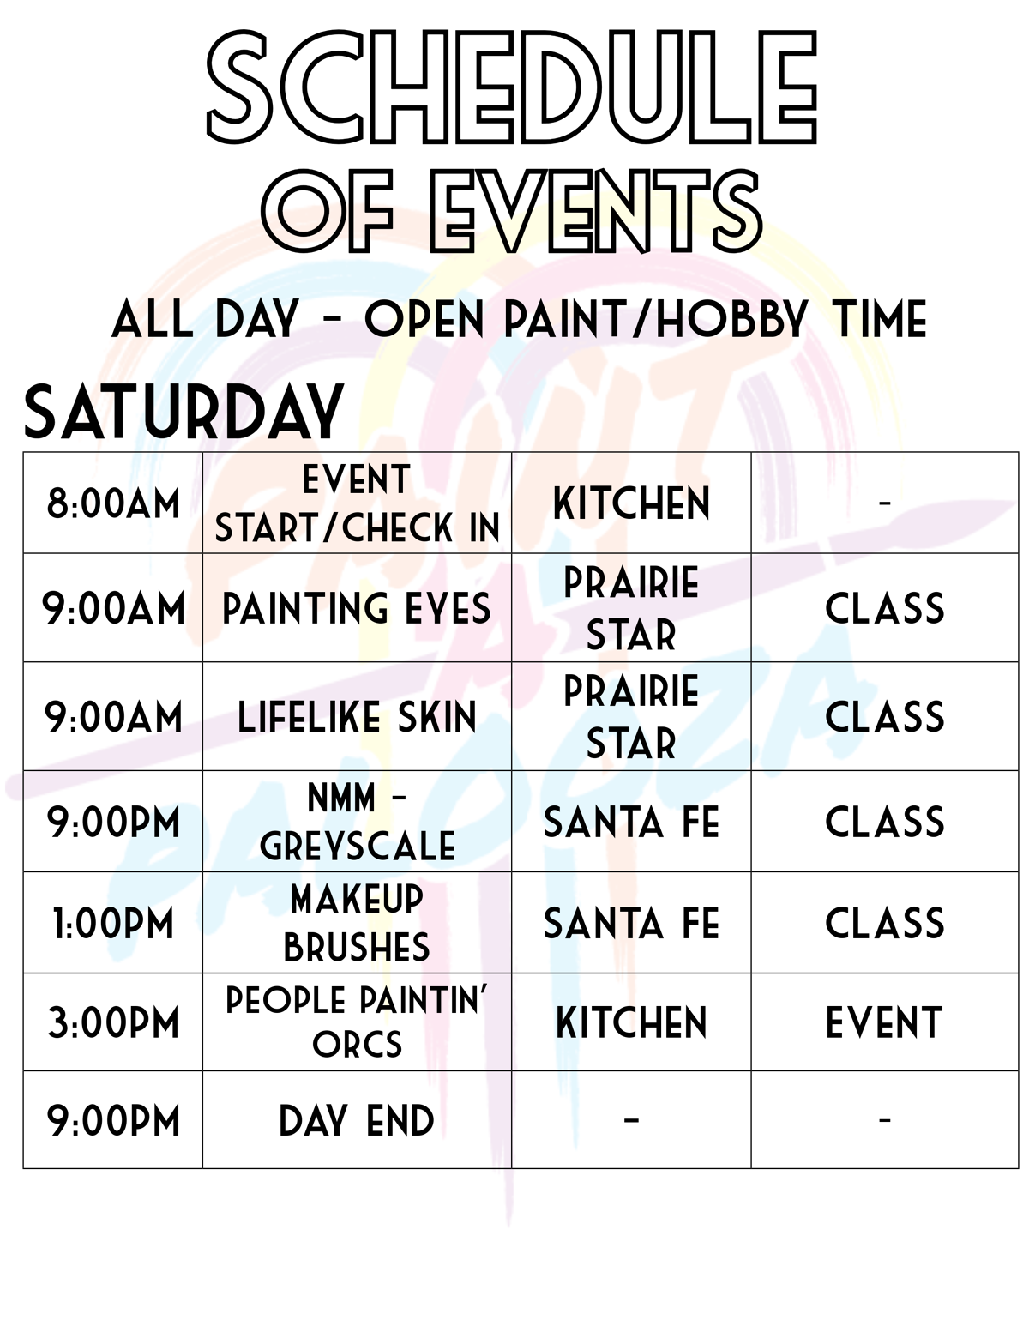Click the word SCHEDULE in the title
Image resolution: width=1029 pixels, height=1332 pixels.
coord(512,89)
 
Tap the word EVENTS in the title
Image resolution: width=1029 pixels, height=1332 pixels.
coord(595,211)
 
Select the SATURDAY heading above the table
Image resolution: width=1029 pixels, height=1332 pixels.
coord(184,413)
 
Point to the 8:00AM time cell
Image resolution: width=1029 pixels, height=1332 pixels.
coord(113,503)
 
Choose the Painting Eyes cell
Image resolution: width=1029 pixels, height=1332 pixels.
coord(357,608)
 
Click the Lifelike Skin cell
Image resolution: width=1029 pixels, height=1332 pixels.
coord(357,717)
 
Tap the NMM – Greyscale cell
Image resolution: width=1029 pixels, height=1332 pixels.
coord(357,822)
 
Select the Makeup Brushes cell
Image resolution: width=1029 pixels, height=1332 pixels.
coord(357,923)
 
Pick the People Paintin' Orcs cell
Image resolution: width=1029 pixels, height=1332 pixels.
coord(357,1022)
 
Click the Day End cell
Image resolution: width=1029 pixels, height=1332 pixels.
coord(357,1120)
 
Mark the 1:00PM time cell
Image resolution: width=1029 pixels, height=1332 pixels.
coord(113,924)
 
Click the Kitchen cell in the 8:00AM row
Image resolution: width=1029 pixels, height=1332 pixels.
coord(631,503)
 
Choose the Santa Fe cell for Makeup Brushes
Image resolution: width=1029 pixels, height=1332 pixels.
coord(631,924)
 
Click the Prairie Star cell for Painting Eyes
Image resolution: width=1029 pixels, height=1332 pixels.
coord(631,608)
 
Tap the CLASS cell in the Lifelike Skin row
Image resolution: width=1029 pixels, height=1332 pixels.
coord(884,717)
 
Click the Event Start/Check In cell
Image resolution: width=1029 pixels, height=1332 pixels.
coord(357,503)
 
